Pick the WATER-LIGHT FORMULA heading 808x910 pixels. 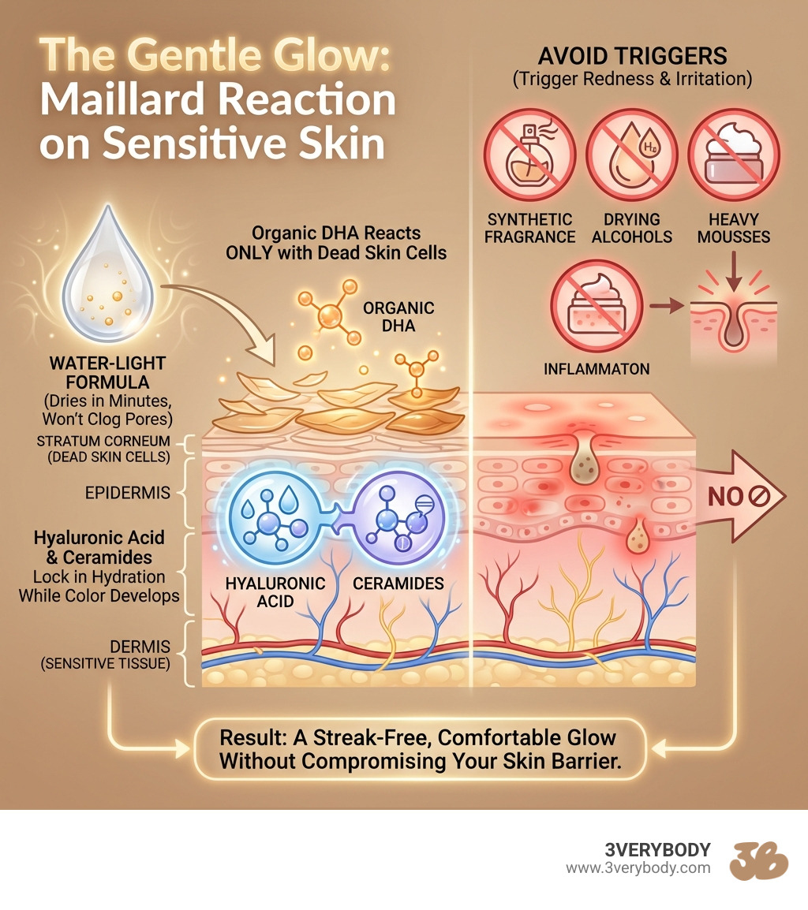point(107,372)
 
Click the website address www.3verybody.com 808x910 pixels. point(638,868)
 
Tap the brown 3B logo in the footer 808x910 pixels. point(758,859)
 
